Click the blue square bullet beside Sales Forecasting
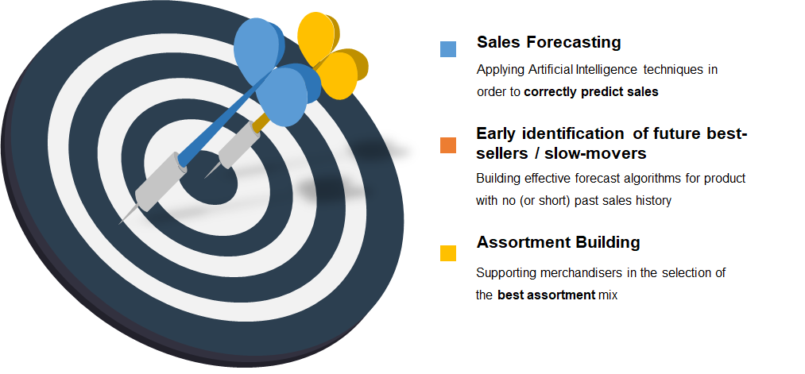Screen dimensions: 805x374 [448, 49]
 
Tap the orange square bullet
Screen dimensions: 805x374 [448, 145]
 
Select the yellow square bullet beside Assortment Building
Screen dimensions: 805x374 [448, 253]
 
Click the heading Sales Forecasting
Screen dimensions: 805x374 [549, 42]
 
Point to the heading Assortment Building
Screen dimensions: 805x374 [558, 241]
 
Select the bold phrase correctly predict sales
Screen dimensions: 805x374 [591, 92]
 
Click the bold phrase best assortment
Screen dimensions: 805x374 [546, 295]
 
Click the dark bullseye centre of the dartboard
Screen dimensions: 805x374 [208, 185]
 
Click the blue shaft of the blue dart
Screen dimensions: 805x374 [221, 118]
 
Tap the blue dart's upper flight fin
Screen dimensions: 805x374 [259, 50]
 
